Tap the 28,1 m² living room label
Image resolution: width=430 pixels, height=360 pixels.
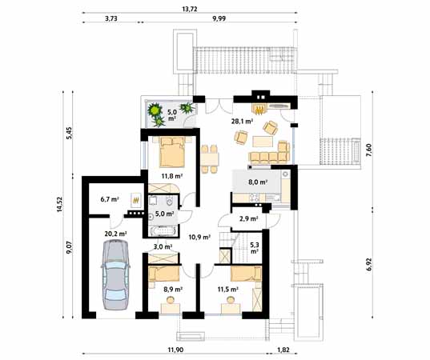(x=243, y=122)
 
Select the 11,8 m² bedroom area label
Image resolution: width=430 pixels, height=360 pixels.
(x=171, y=178)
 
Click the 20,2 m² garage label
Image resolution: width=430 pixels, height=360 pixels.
(x=115, y=234)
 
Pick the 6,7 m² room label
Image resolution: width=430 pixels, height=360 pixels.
(x=110, y=199)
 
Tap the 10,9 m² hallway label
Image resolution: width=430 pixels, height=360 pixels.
(x=199, y=237)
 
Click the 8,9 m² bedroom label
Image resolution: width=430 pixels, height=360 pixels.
(x=171, y=290)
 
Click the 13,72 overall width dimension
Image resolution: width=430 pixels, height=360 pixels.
(x=190, y=9)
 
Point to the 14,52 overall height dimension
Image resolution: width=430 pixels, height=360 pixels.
(x=58, y=206)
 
